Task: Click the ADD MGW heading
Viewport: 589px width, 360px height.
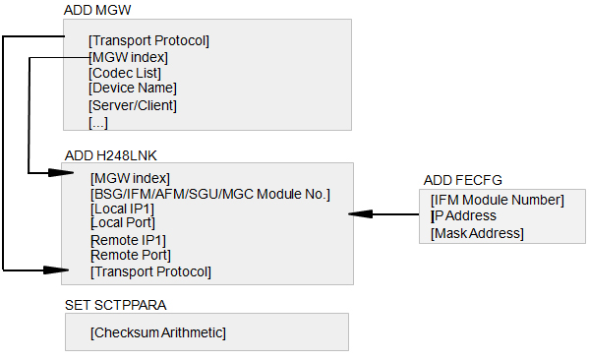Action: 97,10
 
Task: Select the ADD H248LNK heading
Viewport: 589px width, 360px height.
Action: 110,155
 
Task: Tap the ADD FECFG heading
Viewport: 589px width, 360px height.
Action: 463,180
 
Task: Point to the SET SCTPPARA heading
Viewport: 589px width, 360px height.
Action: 116,305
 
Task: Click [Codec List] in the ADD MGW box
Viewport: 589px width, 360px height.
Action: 125,73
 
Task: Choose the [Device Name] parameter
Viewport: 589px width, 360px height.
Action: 133,88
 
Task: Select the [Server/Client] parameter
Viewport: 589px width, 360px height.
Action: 133,105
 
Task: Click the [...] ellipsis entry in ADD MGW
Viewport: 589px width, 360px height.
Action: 98,123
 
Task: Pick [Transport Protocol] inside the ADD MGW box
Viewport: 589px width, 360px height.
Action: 148,40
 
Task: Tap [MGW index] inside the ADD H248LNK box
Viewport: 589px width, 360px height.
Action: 130,178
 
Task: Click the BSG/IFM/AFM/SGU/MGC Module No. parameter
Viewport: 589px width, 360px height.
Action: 210,195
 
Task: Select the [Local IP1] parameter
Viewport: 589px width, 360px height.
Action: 122,209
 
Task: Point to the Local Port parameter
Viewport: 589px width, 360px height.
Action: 123,223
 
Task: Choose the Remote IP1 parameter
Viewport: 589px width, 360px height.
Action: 128,240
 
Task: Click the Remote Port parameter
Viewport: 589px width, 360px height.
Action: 131,255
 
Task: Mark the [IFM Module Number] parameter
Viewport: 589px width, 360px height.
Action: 498,200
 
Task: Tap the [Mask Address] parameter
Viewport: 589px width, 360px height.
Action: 477,233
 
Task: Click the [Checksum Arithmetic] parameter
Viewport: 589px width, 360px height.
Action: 158,332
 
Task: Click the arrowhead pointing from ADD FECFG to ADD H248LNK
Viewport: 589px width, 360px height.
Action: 361,214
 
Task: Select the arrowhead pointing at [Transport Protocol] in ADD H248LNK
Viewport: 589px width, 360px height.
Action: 56,270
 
